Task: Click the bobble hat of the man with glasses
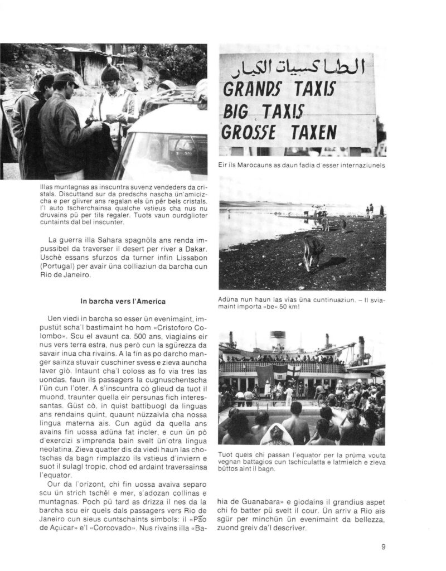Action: tap(110, 72)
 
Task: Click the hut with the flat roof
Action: tap(84, 59)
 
